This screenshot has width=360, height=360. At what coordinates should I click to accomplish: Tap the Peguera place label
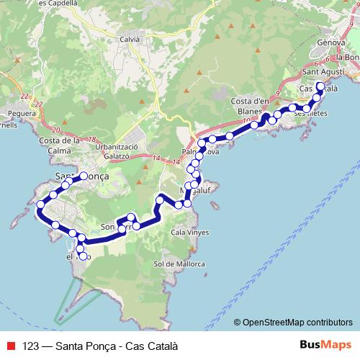19,112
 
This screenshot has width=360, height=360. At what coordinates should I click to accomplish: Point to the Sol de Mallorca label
179,264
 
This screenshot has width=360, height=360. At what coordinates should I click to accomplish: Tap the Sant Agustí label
322,72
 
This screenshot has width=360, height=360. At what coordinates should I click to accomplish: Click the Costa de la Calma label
60,145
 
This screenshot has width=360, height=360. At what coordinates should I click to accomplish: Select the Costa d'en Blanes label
252,107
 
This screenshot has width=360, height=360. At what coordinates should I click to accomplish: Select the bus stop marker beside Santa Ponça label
84,176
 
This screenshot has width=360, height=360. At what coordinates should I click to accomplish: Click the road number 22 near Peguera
26,96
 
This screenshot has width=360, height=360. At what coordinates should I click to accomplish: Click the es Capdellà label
60,3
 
